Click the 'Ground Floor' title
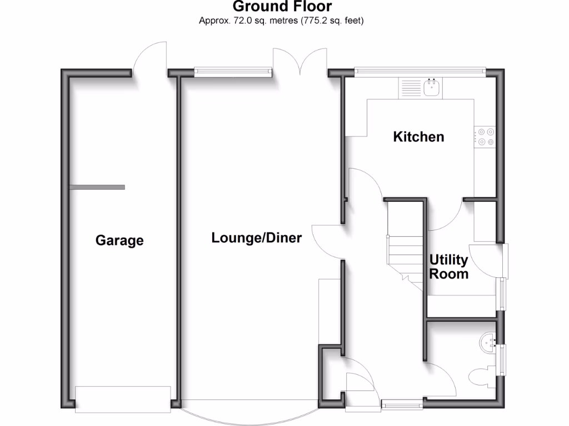pos(282,7)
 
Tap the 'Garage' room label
pos(119,241)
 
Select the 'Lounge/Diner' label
pos(256,238)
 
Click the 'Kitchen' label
pos(418,136)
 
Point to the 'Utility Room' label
pos(448,267)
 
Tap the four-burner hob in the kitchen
pos(486,137)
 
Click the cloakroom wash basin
pos(489,341)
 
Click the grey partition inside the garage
pos(97,187)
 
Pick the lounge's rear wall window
pos(233,71)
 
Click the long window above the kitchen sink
pos(420,70)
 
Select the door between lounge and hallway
pos(328,241)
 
